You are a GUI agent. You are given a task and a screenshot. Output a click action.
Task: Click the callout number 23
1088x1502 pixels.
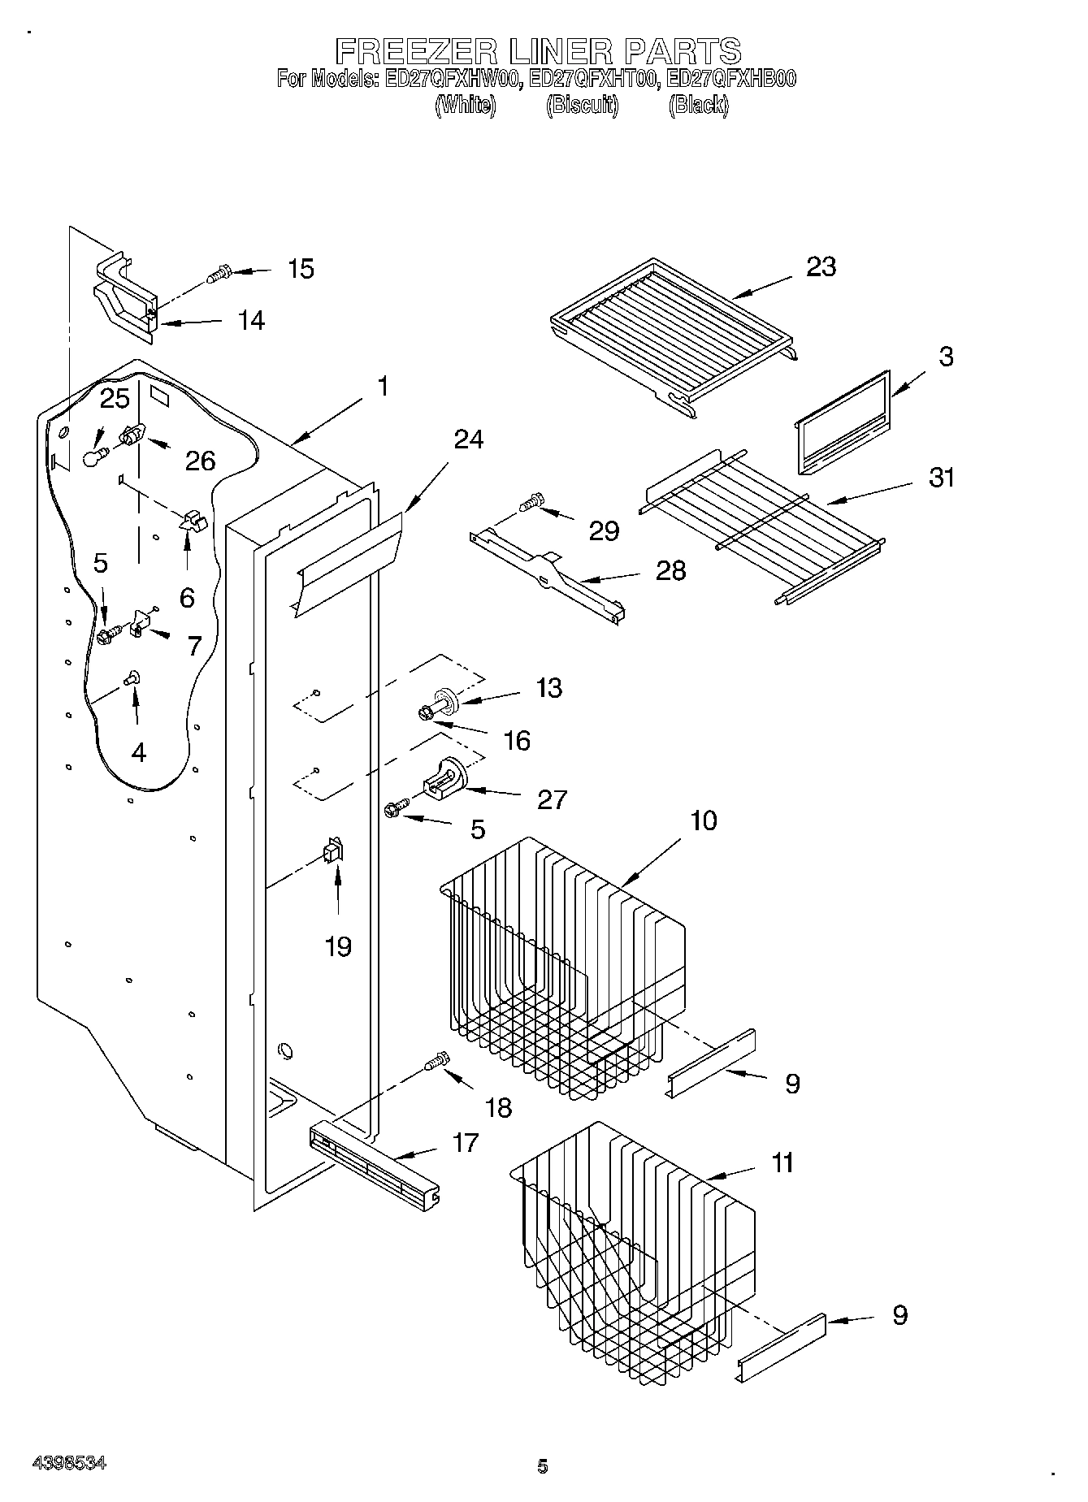pyautogui.click(x=821, y=267)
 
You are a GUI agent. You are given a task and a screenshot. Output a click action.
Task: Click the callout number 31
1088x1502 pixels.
pyautogui.click(x=942, y=478)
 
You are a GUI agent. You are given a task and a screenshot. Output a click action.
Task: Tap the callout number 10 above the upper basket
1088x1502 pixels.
pyautogui.click(x=704, y=820)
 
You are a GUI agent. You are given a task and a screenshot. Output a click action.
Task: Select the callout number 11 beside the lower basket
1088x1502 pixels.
pyautogui.click(x=782, y=1162)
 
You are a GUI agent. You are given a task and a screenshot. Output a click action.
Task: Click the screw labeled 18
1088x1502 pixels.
pyautogui.click(x=437, y=1061)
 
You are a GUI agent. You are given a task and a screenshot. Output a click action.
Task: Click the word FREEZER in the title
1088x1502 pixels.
pyautogui.click(x=417, y=51)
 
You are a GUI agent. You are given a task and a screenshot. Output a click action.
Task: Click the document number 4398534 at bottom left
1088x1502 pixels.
pyautogui.click(x=69, y=1463)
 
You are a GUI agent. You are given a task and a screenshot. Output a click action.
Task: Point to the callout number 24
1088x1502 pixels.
pyautogui.click(x=469, y=439)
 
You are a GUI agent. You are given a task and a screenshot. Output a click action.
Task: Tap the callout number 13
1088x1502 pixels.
pyautogui.click(x=549, y=688)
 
